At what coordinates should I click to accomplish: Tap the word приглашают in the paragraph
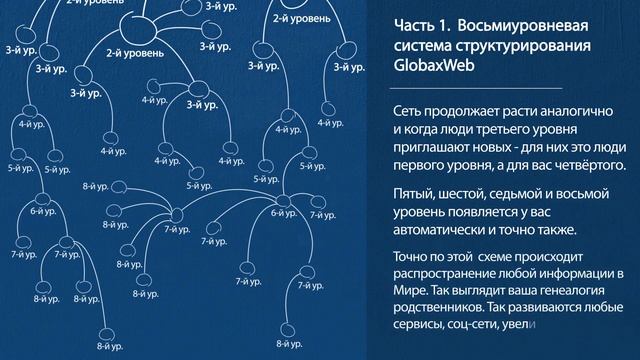click(434, 149)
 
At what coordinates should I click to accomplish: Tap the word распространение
click(448, 273)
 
